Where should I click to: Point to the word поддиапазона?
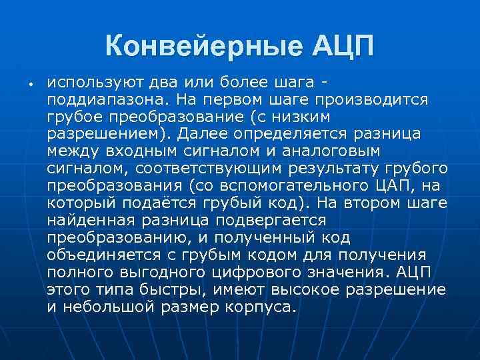103,99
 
